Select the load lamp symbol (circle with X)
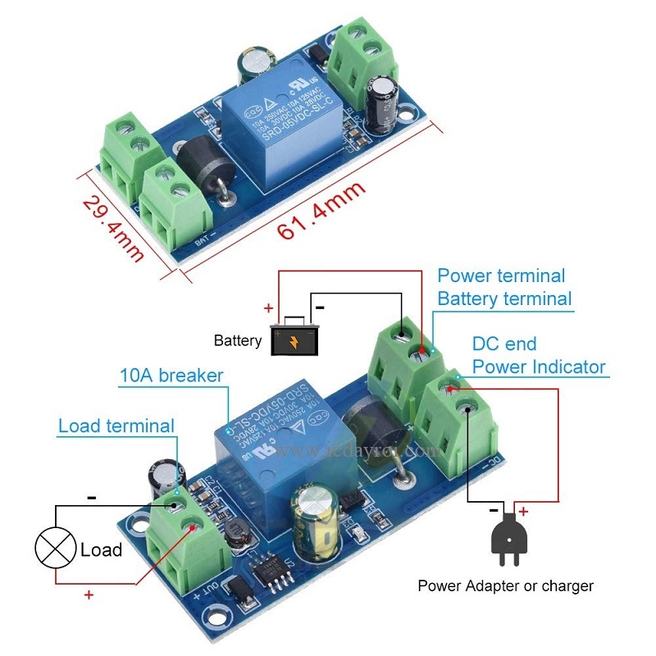[x=55, y=549]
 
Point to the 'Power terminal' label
[x=501, y=276]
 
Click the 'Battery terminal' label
[x=504, y=298]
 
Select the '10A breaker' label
[x=171, y=376]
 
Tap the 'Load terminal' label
[x=116, y=426]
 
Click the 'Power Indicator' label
[x=539, y=367]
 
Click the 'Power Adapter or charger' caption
[x=506, y=585]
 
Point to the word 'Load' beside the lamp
[x=101, y=549]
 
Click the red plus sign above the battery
[x=267, y=309]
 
